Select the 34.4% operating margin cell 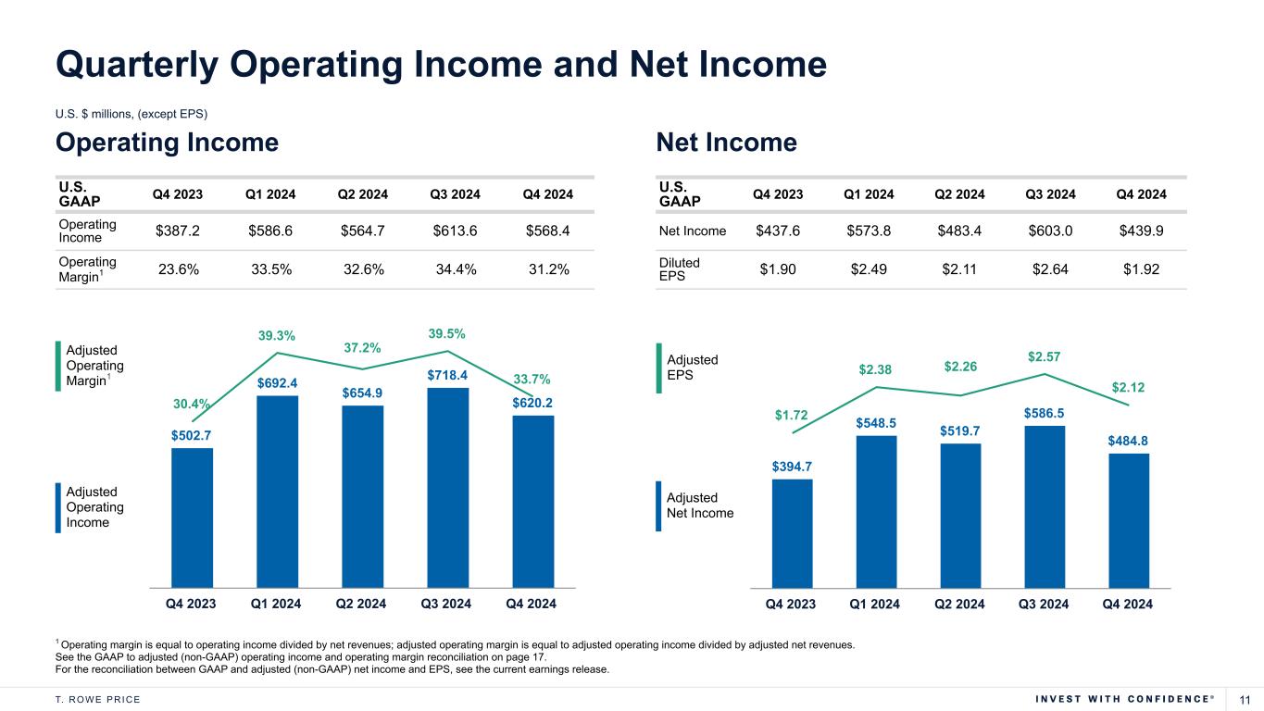point(454,270)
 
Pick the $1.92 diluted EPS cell point(1142,270)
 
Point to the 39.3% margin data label point(277,335)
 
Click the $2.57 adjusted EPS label point(1045,355)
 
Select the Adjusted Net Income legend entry point(700,505)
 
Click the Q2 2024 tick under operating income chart point(363,604)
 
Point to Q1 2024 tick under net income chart point(875,604)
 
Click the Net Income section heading point(726,143)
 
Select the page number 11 point(1245,698)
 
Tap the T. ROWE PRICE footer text point(98,699)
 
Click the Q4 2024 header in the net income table point(1142,194)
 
